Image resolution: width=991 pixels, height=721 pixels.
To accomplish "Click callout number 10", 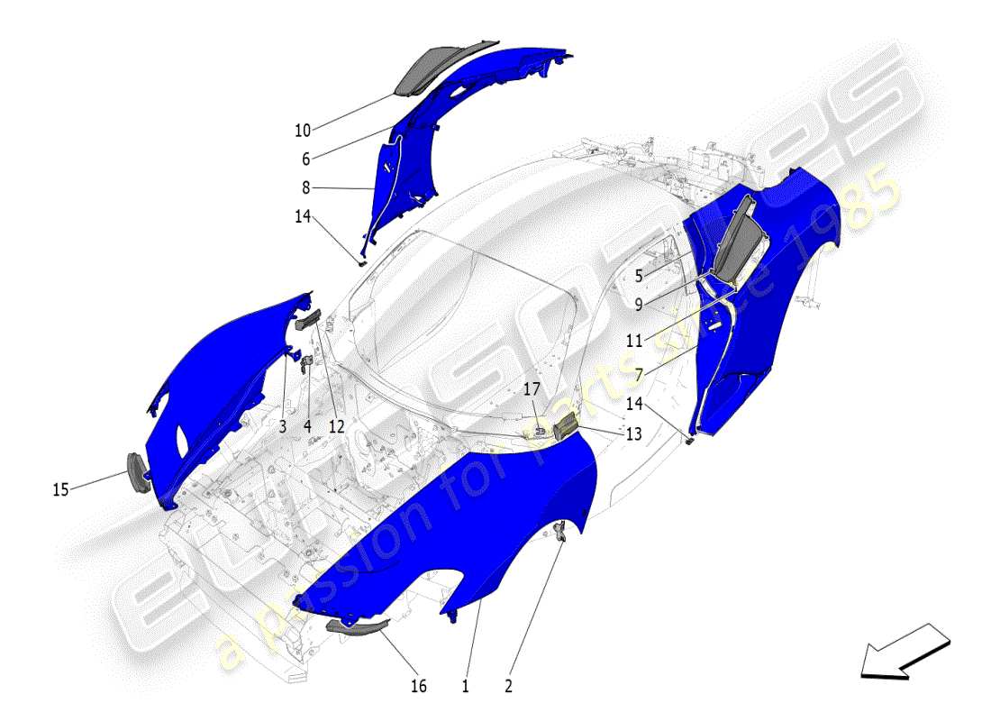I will tap(302, 130).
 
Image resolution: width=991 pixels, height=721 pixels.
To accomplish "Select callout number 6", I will tap(305, 159).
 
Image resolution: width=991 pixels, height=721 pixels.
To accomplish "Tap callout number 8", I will tap(305, 188).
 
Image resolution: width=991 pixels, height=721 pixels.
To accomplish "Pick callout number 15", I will tap(60, 489).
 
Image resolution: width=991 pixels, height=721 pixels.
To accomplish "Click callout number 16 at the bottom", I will tap(418, 686).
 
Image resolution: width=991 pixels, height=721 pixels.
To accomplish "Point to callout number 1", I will tap(465, 686).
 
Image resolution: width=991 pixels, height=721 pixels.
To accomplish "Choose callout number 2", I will tap(508, 686).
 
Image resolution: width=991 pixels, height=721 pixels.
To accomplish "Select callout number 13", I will tap(633, 434).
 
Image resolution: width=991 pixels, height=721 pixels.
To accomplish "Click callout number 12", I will tap(336, 426).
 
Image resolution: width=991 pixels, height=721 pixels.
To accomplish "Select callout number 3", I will tap(282, 426).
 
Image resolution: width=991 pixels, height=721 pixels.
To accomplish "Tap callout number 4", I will tap(307, 426).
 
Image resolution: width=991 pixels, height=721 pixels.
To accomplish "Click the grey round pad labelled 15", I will tap(137, 471).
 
